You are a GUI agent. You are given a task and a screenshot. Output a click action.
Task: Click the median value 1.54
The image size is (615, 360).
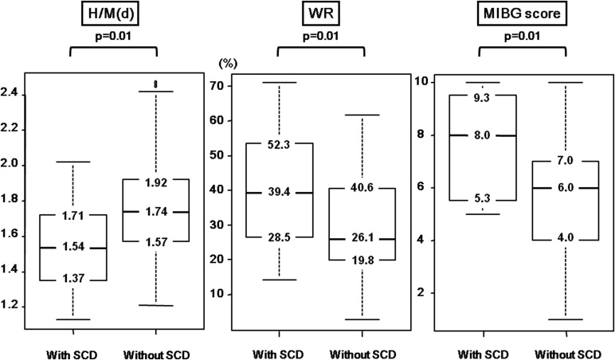point(73,248)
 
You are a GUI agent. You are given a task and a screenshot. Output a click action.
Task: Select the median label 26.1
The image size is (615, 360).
point(362,239)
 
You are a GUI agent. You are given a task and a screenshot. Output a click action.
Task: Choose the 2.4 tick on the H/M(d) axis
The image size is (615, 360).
point(12,95)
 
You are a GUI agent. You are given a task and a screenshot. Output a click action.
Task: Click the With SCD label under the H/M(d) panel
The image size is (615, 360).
point(73,351)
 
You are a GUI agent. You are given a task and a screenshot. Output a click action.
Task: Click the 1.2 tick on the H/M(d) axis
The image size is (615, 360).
point(12,307)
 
